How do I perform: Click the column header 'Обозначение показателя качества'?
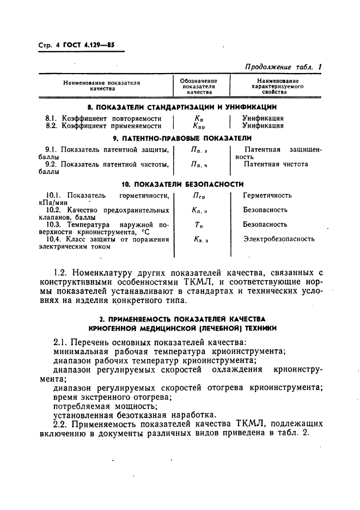coord(198,86)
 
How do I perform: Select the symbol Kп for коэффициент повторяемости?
coord(198,118)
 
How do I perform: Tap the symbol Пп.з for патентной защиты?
coord(199,150)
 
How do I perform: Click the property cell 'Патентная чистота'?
coord(276,164)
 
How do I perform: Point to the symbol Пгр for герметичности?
coord(199,196)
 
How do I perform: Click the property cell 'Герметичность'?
coord(267,195)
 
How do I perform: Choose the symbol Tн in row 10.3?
coord(198,224)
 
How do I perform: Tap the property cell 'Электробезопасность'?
coord(278,239)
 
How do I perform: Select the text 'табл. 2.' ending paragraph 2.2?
coord(307,433)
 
